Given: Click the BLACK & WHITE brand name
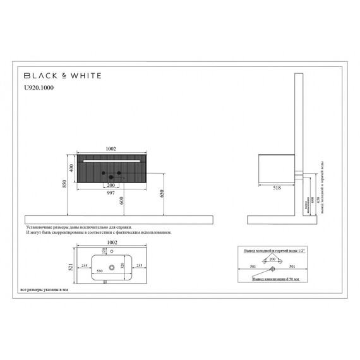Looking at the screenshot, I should (x=59, y=75).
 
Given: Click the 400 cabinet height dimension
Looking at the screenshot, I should (x=72, y=167).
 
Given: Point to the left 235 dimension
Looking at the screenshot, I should (x=84, y=267).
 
